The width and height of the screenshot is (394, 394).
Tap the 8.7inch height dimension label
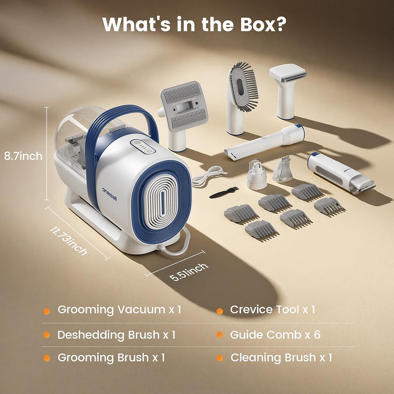(x=23, y=156)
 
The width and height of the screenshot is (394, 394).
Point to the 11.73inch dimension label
(x=68, y=240)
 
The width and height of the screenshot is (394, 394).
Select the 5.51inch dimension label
(x=189, y=272)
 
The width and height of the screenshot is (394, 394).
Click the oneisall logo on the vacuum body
(x=110, y=194)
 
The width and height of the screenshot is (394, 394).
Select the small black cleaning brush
(x=224, y=192)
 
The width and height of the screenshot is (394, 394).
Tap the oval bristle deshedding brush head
(x=243, y=87)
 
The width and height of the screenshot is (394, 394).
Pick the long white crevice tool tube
(x=264, y=142)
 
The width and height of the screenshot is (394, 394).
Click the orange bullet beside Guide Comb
(x=220, y=335)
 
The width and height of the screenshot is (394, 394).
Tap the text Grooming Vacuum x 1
(x=119, y=310)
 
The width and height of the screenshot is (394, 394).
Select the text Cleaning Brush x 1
(x=281, y=357)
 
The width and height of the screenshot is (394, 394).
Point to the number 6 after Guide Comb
(x=317, y=335)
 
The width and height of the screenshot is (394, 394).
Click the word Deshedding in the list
(x=91, y=335)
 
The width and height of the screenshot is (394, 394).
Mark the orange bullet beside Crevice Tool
(x=220, y=311)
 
